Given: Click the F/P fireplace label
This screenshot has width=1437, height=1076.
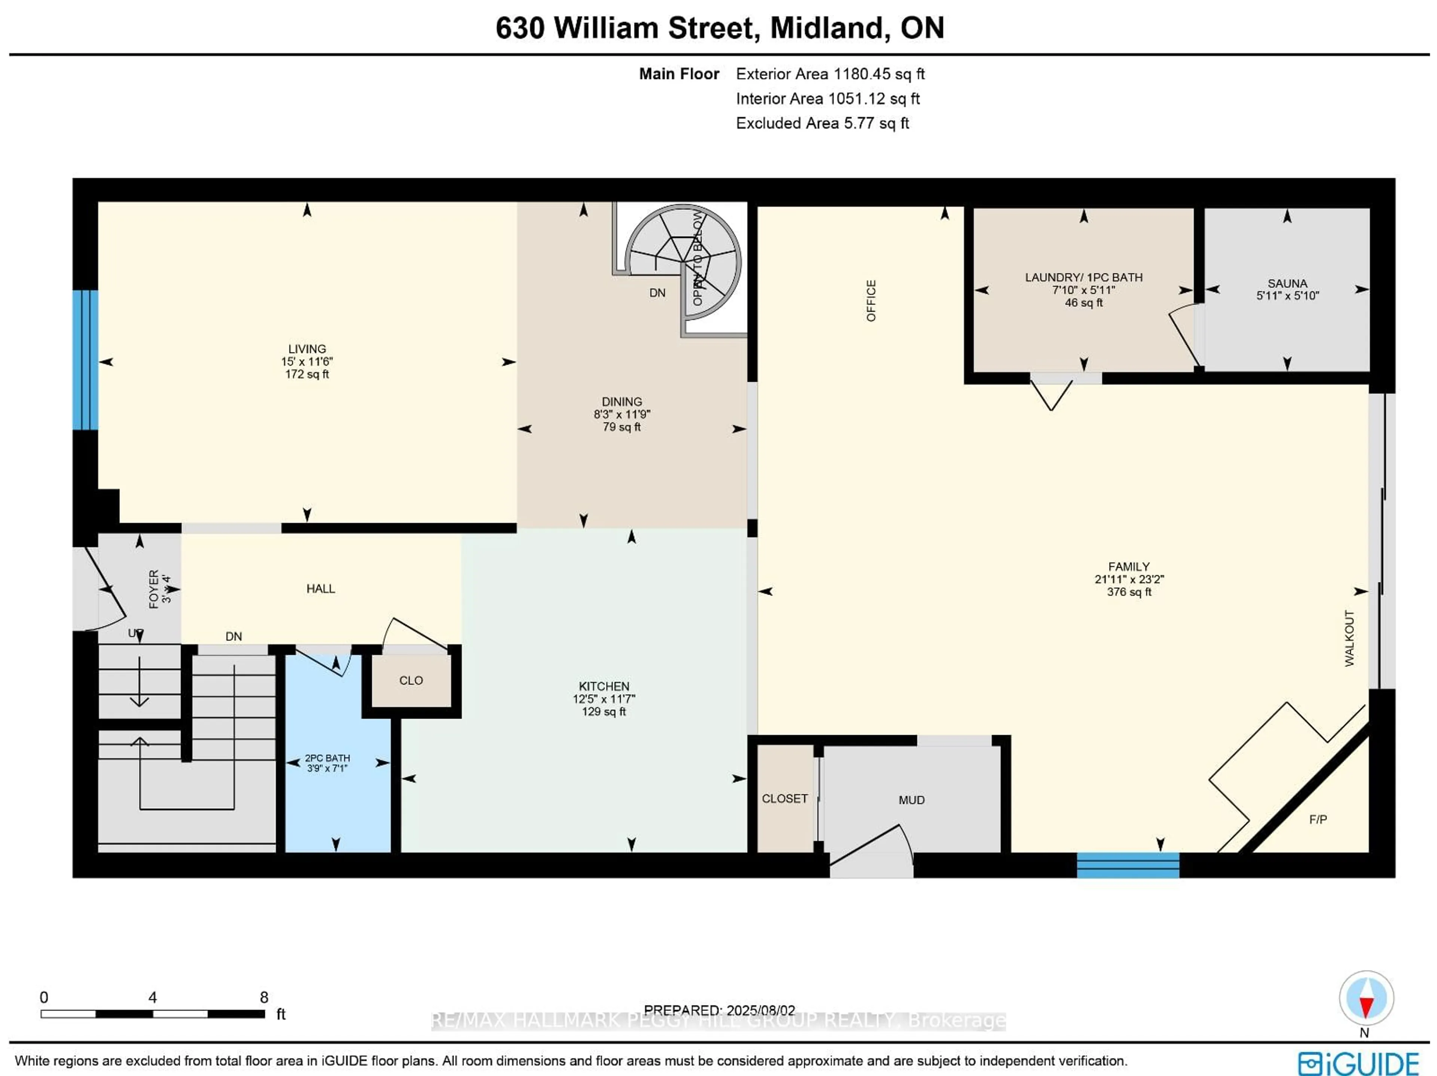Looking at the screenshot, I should point(1318,819).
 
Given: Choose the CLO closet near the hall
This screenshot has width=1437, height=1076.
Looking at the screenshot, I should point(411,680).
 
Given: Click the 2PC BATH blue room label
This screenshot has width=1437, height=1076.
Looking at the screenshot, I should point(327,758).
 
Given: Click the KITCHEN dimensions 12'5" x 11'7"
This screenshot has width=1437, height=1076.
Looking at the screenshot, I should point(604,699).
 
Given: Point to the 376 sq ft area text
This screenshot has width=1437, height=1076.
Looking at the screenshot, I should point(1129,592).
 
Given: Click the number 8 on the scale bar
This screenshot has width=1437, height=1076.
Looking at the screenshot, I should point(264,997).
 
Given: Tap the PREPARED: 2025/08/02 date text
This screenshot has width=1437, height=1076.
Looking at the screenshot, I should point(719,1011).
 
